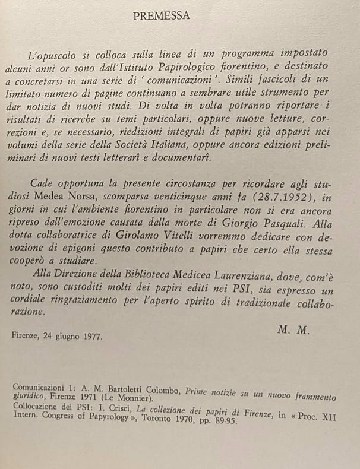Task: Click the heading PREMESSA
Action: point(162,16)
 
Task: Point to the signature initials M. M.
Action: point(293,330)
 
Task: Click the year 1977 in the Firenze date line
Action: point(91,337)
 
